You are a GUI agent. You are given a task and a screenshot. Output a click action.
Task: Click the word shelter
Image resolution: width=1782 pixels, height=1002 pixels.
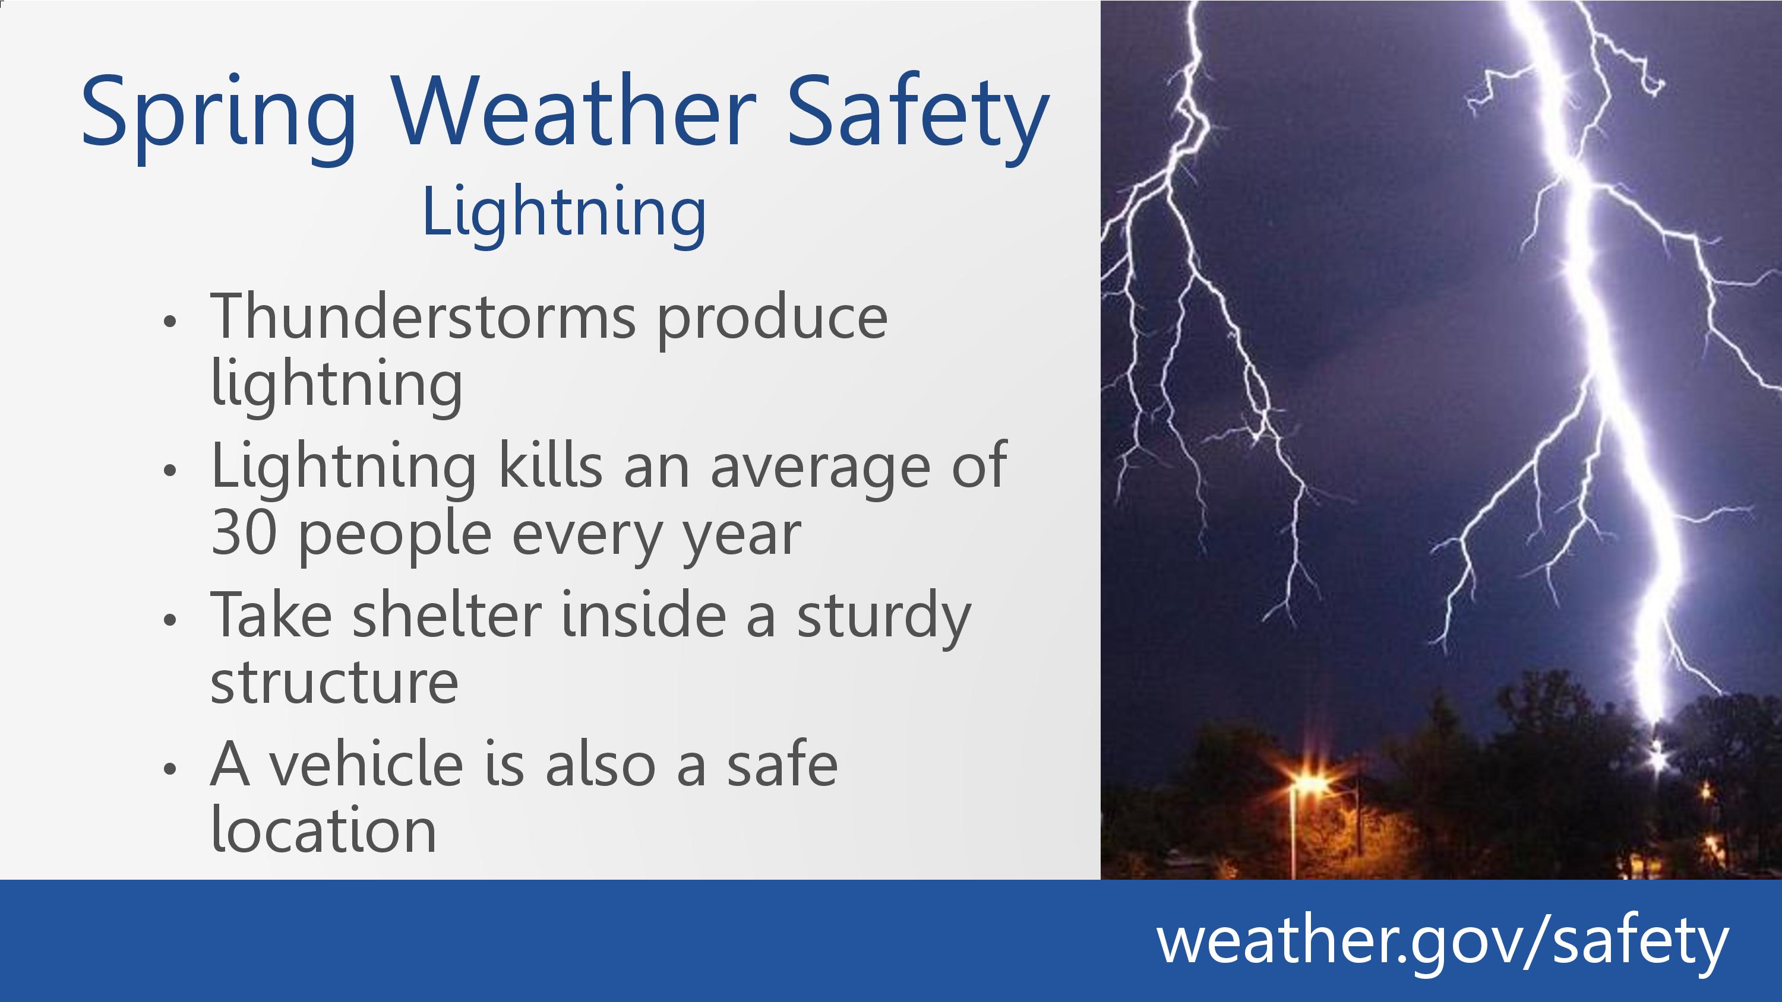point(447,613)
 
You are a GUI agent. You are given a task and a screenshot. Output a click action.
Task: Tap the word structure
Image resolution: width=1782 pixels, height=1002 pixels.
point(334,683)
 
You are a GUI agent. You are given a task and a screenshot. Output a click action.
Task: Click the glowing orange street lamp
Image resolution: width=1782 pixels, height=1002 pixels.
point(1307,785)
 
